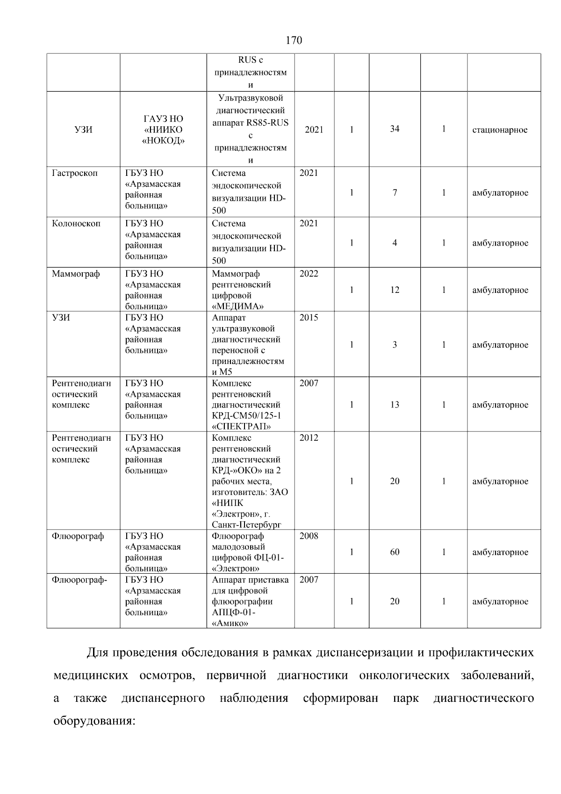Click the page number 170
tap(294, 41)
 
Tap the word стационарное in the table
tap(500, 130)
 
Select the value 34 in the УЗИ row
tap(395, 129)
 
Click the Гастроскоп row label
tap(75, 173)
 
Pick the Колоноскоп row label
tap(76, 224)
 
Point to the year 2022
tap(309, 274)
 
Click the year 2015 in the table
tap(309, 318)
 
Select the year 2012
tap(309, 438)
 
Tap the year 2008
tap(309, 536)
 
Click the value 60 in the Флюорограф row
tap(395, 552)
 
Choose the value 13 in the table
tap(395, 405)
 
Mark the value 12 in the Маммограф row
tap(395, 290)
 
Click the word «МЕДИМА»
tap(238, 306)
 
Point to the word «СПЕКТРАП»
tap(242, 426)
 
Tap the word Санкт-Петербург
tap(246, 524)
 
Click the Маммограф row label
tap(76, 274)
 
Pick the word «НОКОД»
tap(163, 140)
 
